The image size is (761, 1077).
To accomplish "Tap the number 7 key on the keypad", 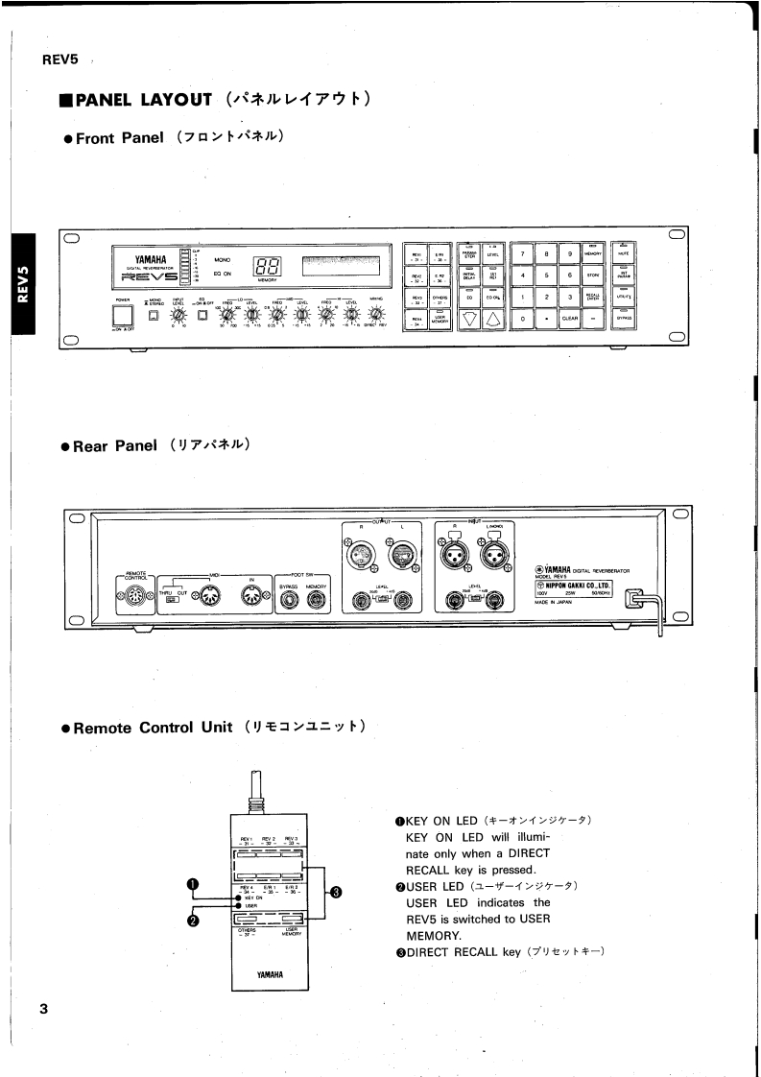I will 521,253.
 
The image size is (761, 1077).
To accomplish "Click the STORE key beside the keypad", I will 593,275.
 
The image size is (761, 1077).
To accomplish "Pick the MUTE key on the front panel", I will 623,253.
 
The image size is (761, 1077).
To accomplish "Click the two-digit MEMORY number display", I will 267,267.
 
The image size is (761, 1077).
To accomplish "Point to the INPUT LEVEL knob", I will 178,314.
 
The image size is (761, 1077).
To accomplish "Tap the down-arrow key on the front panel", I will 468,320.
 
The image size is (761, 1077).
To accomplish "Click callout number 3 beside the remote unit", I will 336,892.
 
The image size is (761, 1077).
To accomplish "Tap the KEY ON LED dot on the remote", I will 238,897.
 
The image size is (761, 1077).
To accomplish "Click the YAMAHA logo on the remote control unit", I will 270,974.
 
